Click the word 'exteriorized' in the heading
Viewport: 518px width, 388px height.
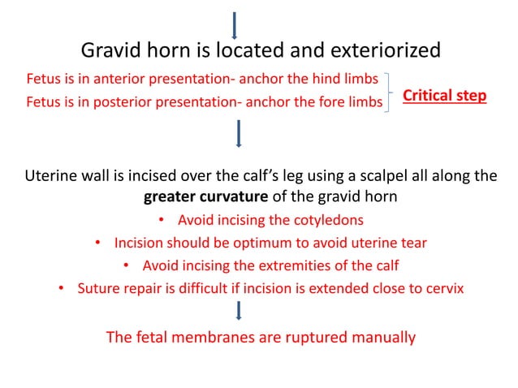381,51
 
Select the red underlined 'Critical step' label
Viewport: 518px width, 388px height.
445,96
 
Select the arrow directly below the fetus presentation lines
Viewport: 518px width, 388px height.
238,134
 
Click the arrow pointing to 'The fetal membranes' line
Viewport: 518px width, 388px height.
239,312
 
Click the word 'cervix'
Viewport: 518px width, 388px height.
445,288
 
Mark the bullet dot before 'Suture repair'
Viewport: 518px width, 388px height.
61,288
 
